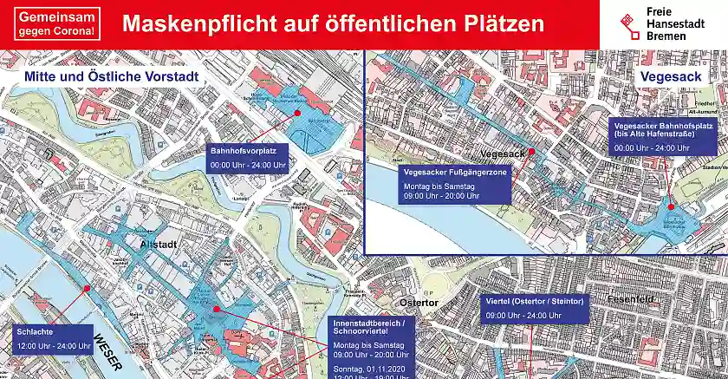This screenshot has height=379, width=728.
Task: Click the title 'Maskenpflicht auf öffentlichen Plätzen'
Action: (x=334, y=23)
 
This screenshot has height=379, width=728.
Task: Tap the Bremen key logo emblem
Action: (x=629, y=23)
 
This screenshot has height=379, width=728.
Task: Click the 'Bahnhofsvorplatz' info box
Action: (x=248, y=158)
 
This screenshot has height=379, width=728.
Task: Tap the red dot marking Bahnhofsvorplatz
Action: (x=296, y=114)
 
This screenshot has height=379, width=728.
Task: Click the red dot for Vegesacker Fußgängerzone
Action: (x=532, y=152)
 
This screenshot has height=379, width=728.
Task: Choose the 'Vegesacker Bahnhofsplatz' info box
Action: (x=663, y=136)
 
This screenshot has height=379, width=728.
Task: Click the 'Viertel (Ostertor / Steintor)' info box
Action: (x=534, y=307)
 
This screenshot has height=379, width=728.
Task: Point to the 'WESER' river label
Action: (x=110, y=352)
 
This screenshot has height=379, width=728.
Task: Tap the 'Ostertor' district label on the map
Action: (x=419, y=302)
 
